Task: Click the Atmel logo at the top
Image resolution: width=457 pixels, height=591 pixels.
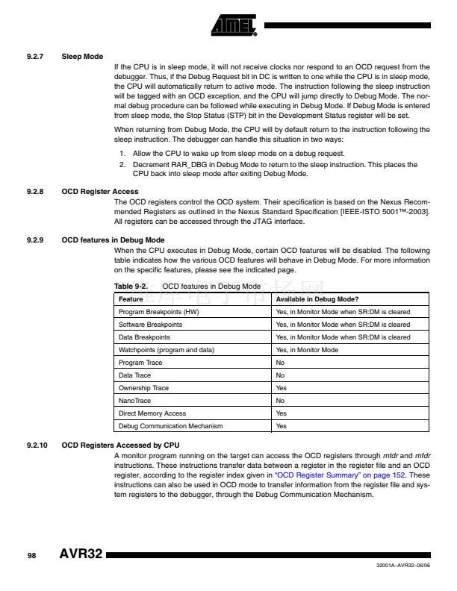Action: coord(233,26)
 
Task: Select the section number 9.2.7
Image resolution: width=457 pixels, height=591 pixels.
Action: coord(35,57)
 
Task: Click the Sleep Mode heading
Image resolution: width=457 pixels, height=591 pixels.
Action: coord(82,57)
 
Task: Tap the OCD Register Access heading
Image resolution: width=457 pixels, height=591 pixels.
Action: coord(99,192)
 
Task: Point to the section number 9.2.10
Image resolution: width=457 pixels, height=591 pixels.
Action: coord(37,445)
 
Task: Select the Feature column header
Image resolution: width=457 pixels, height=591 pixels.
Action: coord(131,298)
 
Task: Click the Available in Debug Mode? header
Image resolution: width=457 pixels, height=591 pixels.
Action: coord(317,298)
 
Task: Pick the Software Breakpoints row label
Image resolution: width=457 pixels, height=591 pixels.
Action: coord(150,325)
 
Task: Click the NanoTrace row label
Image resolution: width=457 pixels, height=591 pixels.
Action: coord(134,401)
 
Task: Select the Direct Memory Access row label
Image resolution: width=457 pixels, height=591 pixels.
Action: coord(152,413)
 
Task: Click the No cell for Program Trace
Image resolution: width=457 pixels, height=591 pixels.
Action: coord(281,363)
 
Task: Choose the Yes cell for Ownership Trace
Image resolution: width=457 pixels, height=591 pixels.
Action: coord(282,388)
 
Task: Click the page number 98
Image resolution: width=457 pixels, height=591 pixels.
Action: coord(32,557)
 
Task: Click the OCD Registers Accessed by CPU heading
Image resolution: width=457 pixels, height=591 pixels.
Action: coord(120,445)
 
